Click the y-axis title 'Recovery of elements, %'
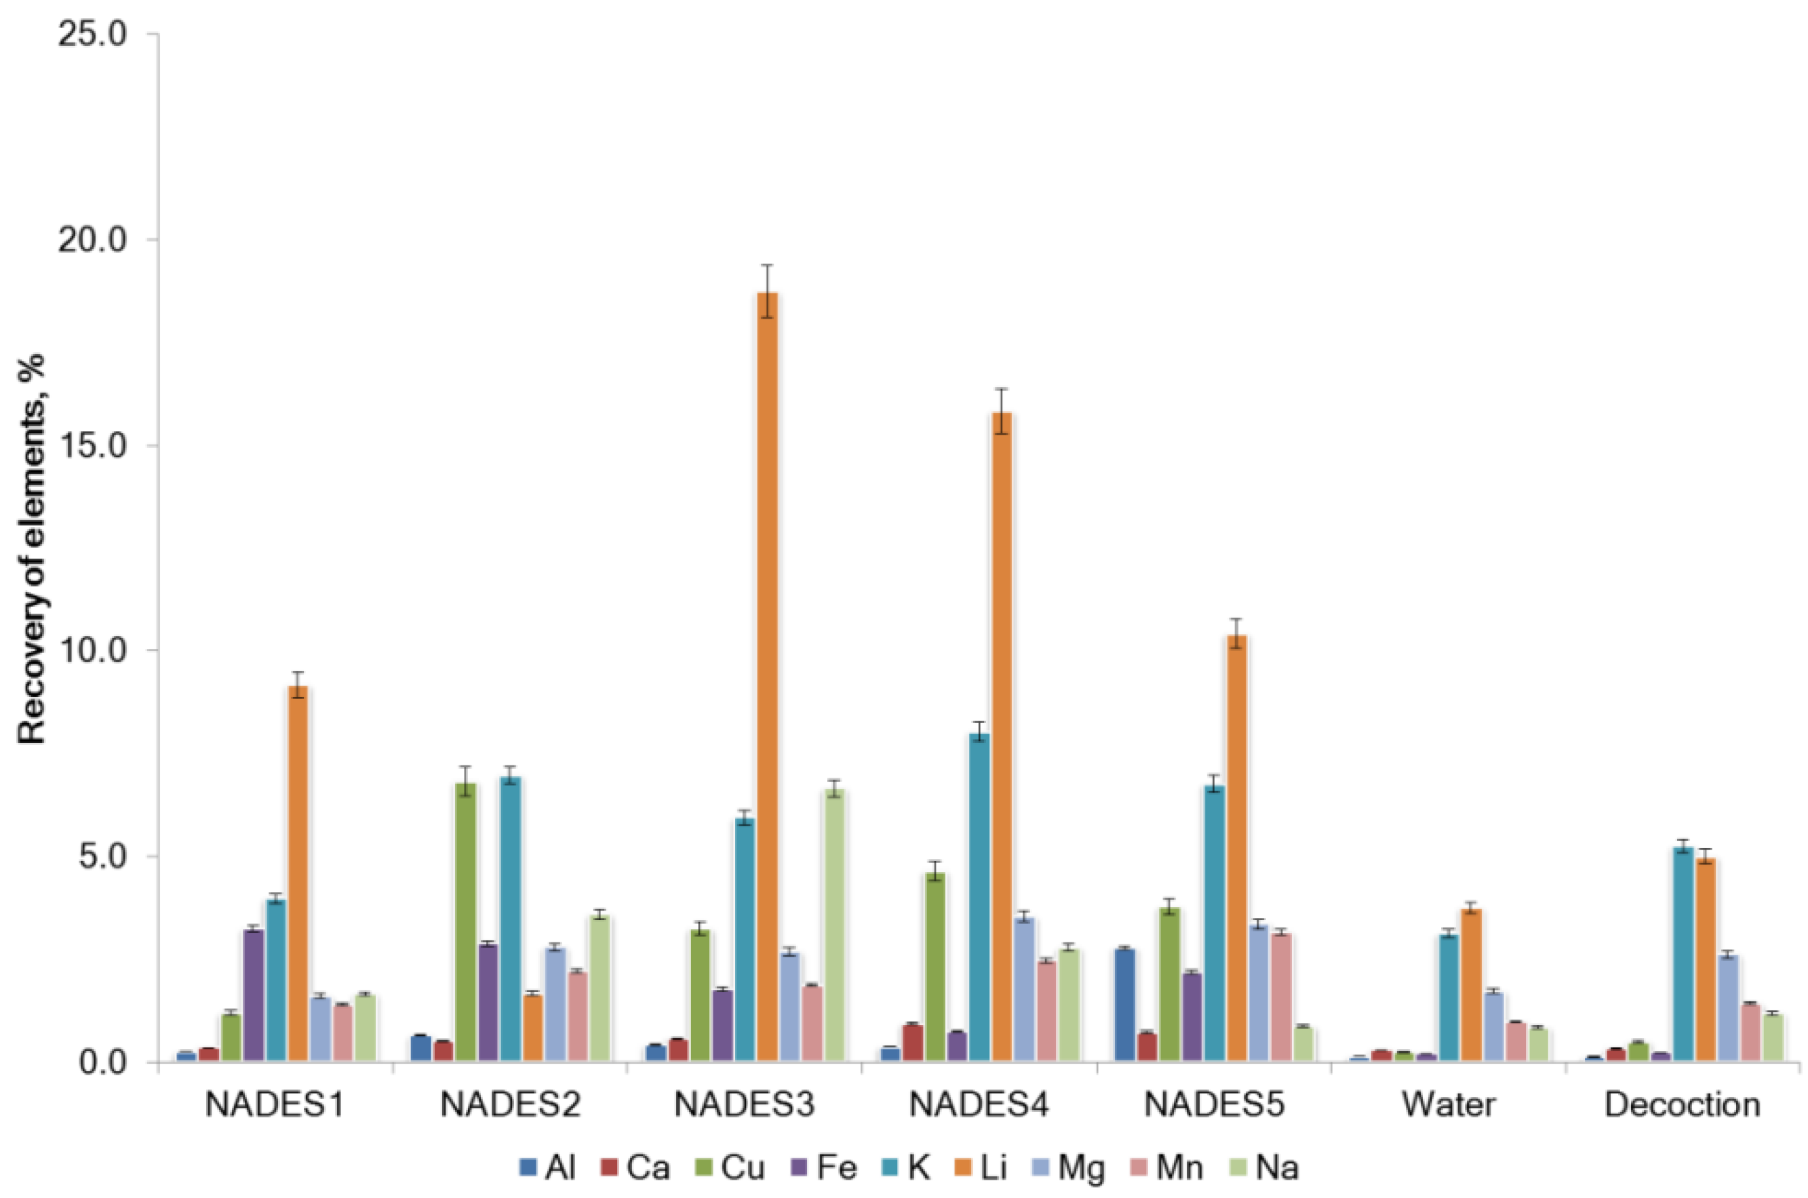point(32,548)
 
